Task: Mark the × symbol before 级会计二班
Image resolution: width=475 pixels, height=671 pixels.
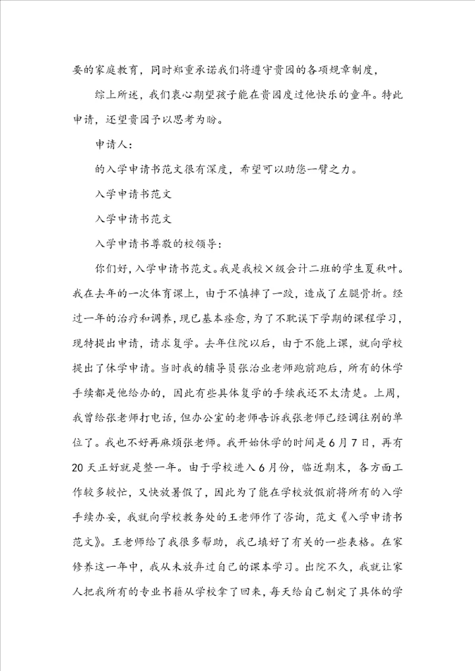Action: pos(267,269)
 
